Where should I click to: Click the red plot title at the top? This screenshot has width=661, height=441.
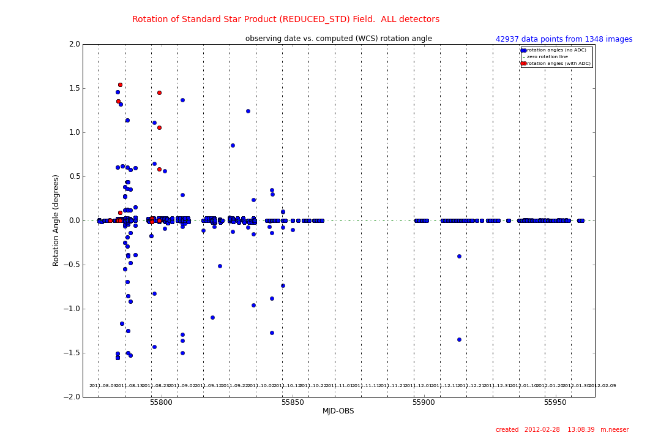tap(286, 20)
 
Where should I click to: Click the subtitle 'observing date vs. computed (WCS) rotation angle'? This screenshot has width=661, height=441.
tap(338, 39)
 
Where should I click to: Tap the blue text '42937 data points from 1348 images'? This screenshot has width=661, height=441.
tap(564, 39)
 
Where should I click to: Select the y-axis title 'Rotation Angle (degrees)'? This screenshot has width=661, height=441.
tap(56, 220)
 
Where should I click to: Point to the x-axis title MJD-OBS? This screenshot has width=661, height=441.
tap(338, 411)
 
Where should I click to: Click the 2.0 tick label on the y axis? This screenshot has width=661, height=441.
tap(74, 44)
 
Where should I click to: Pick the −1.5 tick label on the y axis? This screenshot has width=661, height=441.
tap(72, 353)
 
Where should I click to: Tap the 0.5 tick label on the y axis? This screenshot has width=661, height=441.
tap(74, 176)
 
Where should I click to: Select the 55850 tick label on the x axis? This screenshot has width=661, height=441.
tap(293, 402)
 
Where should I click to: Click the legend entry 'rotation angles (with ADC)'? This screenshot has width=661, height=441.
tap(558, 63)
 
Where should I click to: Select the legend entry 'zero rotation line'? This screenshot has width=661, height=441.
tap(547, 56)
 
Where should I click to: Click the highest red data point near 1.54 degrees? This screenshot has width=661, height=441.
tap(120, 85)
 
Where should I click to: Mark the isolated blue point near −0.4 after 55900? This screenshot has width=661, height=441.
tap(459, 256)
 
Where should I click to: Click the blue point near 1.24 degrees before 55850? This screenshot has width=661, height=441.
tap(248, 111)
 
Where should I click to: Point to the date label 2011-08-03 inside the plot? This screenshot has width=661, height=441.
tap(103, 386)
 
